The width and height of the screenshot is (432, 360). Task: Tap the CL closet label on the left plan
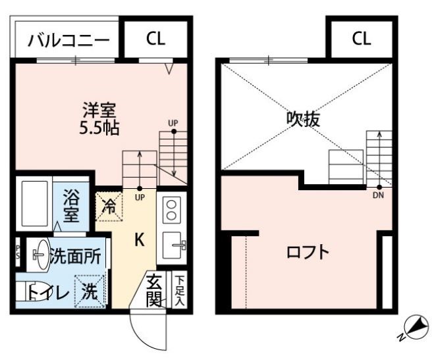point(156,39)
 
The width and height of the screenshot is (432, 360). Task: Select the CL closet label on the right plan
point(361,39)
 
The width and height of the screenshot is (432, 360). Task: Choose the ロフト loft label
point(308,252)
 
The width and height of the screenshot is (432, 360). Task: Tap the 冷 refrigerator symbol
point(110,206)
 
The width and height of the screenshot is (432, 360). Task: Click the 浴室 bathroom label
point(71,205)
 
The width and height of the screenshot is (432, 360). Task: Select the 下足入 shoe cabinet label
point(178,289)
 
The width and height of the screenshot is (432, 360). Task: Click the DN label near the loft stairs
point(378,195)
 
